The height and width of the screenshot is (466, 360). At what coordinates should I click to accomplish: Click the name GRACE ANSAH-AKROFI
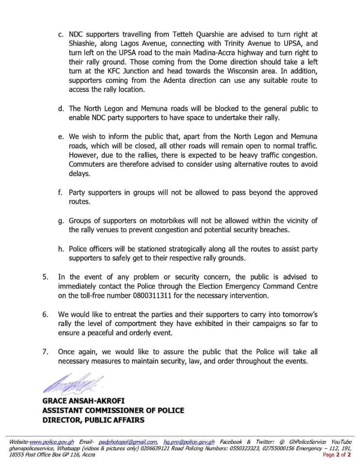click(84, 400)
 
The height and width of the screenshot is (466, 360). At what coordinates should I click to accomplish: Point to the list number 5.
click(45, 277)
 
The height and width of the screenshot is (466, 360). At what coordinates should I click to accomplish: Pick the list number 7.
click(45, 351)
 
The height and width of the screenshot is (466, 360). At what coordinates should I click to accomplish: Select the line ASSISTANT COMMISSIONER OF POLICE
click(113, 410)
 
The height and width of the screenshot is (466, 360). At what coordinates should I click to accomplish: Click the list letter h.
click(60, 249)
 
